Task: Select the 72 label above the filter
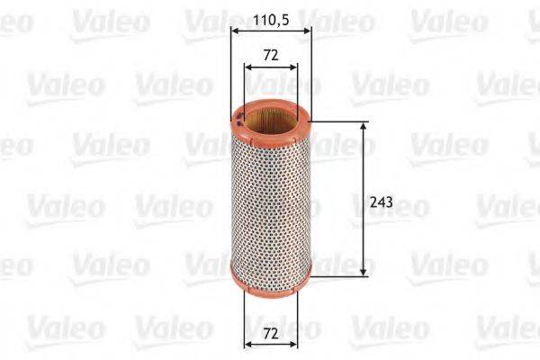271,55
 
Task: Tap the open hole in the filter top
271,118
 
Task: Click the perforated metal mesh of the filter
270,198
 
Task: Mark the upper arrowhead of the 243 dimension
364,127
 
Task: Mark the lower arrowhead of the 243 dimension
364,270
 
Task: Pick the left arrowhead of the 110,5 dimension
235,30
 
